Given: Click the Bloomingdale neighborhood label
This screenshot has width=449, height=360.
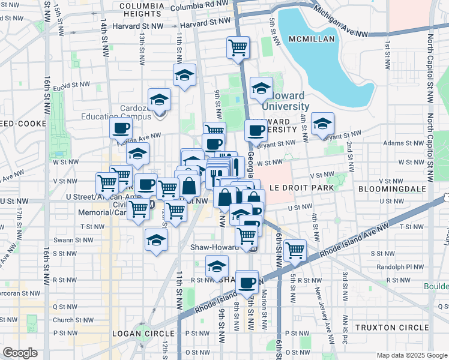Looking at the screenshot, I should point(391,188).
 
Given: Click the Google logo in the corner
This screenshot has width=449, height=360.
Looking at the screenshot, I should point(20,352).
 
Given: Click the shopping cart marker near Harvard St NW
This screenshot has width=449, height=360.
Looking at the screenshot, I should point(238,47).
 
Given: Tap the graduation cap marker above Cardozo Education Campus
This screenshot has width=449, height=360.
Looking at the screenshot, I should point(160,99).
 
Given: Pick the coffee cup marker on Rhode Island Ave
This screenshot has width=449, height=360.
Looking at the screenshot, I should point(247,281).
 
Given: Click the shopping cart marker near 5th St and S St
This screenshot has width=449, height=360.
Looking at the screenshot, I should point(295,250).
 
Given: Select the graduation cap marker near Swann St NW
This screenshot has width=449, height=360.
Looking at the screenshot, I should point(156,240).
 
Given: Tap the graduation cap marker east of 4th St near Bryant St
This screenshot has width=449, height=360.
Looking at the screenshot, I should point(322,124).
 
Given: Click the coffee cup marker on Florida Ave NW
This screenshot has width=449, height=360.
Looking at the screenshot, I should point(121,128).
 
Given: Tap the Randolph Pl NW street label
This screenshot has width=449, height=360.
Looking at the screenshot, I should point(396,267).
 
